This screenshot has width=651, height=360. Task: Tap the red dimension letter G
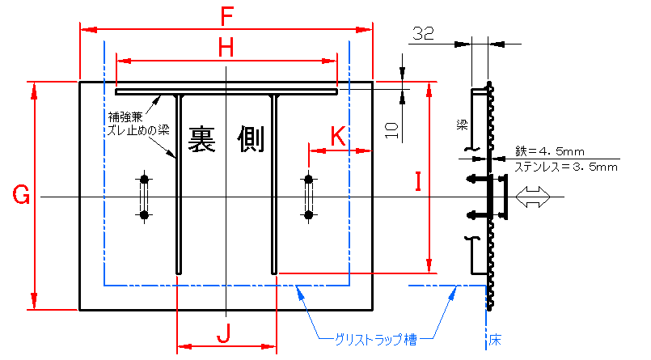pos(22,195)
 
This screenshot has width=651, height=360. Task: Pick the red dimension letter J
pos(226,332)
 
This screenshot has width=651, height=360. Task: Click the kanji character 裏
pos(205,140)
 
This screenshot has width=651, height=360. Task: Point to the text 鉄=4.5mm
pos(549,151)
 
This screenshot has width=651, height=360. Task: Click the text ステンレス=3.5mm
pos(566,167)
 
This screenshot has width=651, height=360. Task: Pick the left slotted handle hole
pos(144,197)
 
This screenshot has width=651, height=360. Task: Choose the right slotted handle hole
pos(308,197)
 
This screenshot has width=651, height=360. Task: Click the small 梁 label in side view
pos(462,125)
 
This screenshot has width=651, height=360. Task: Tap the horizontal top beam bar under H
pos(226,91)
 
